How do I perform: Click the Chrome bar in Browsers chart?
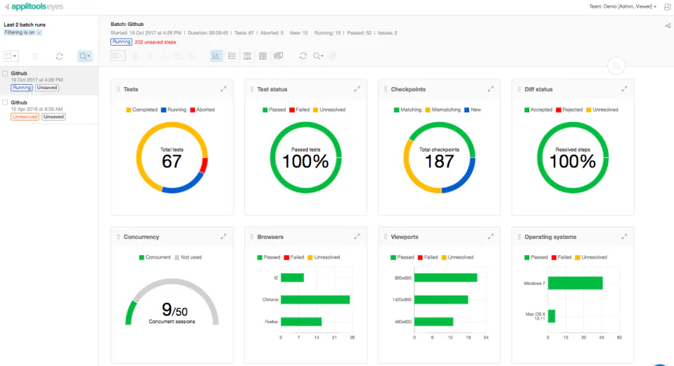pyautogui.click(x=315, y=299)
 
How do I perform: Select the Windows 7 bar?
pyautogui.click(x=575, y=283)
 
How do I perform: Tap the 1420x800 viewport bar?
pyautogui.click(x=441, y=299)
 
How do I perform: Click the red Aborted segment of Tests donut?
pyautogui.click(x=204, y=165)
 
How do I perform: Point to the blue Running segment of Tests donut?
pyautogui.click(x=182, y=187)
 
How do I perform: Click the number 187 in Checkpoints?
pyautogui.click(x=440, y=161)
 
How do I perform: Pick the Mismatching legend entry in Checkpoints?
pyautogui.click(x=442, y=110)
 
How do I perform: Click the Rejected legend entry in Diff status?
pyautogui.click(x=569, y=110)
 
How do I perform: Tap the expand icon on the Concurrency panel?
pyautogui.click(x=223, y=237)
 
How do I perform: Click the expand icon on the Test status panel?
pyautogui.click(x=357, y=89)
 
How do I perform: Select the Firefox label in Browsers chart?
pyautogui.click(x=271, y=322)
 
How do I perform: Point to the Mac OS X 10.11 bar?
pyautogui.click(x=552, y=316)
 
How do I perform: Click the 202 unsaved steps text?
pyautogui.click(x=155, y=42)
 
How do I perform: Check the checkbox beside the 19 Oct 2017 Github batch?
pyautogui.click(x=6, y=73)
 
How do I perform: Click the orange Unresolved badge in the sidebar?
pyautogui.click(x=25, y=117)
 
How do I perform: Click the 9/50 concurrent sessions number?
pyautogui.click(x=172, y=310)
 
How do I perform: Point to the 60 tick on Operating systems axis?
pyautogui.click(x=619, y=338)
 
